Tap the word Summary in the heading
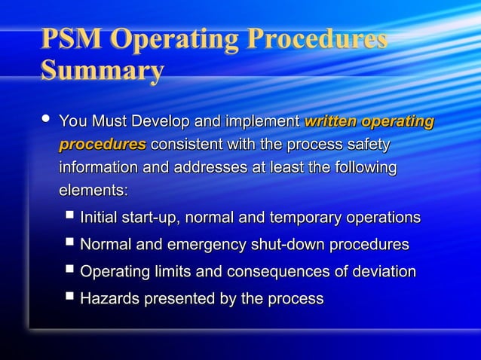pos(102,71)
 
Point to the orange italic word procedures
pos(103,144)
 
